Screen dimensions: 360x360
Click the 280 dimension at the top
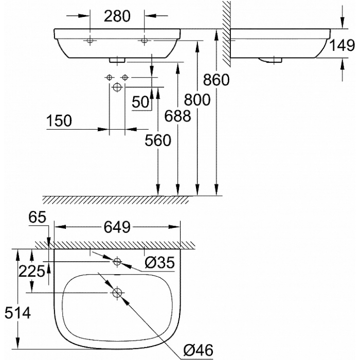(117, 16)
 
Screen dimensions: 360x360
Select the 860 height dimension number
(216, 80)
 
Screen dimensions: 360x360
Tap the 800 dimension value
(197, 100)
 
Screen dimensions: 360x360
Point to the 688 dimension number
(178, 116)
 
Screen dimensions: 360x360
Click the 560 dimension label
(158, 140)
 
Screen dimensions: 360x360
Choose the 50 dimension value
(140, 102)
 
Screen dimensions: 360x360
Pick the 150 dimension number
(59, 121)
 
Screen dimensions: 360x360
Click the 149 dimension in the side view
(342, 45)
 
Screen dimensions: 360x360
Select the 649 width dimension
(117, 227)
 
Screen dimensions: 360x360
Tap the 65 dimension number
(38, 217)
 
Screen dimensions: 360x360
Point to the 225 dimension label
(31, 272)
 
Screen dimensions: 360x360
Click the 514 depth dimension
(17, 313)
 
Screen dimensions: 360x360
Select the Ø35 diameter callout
(160, 262)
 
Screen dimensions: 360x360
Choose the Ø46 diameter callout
(199, 350)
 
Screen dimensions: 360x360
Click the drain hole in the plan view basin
(117, 293)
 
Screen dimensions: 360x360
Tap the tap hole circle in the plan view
(117, 261)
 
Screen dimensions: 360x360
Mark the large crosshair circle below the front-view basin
(117, 87)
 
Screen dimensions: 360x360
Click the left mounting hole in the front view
(90, 41)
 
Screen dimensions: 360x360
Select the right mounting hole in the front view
(144, 41)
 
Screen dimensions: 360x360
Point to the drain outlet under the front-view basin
(117, 60)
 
